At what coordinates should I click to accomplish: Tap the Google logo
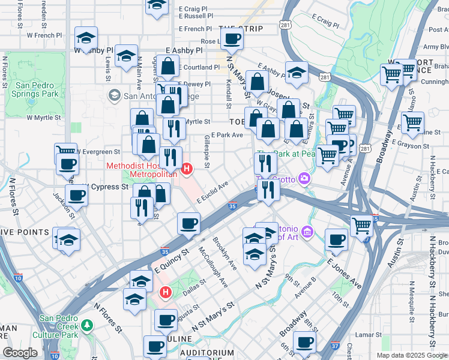[20, 353]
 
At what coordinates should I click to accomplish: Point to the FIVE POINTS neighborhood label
[25, 232]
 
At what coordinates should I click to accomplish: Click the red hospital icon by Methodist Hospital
[186, 170]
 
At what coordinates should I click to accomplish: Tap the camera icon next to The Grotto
[305, 178]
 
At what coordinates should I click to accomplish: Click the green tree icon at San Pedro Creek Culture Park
[88, 325]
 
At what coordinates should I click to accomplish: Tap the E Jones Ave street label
[344, 272]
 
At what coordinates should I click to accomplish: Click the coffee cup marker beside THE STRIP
[231, 40]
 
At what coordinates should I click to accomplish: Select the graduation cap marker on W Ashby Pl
[86, 39]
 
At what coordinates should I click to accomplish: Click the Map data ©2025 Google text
[412, 355]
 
